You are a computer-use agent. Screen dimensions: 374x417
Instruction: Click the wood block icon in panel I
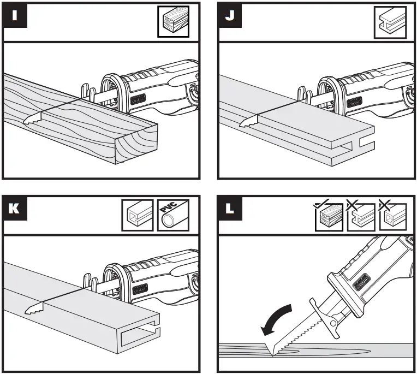pos(174,21)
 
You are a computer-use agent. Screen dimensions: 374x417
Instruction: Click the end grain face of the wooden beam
pos(138,144)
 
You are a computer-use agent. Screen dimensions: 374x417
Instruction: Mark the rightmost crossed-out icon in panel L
pos(392,216)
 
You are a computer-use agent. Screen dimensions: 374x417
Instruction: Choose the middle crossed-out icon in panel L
pos(360,216)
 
